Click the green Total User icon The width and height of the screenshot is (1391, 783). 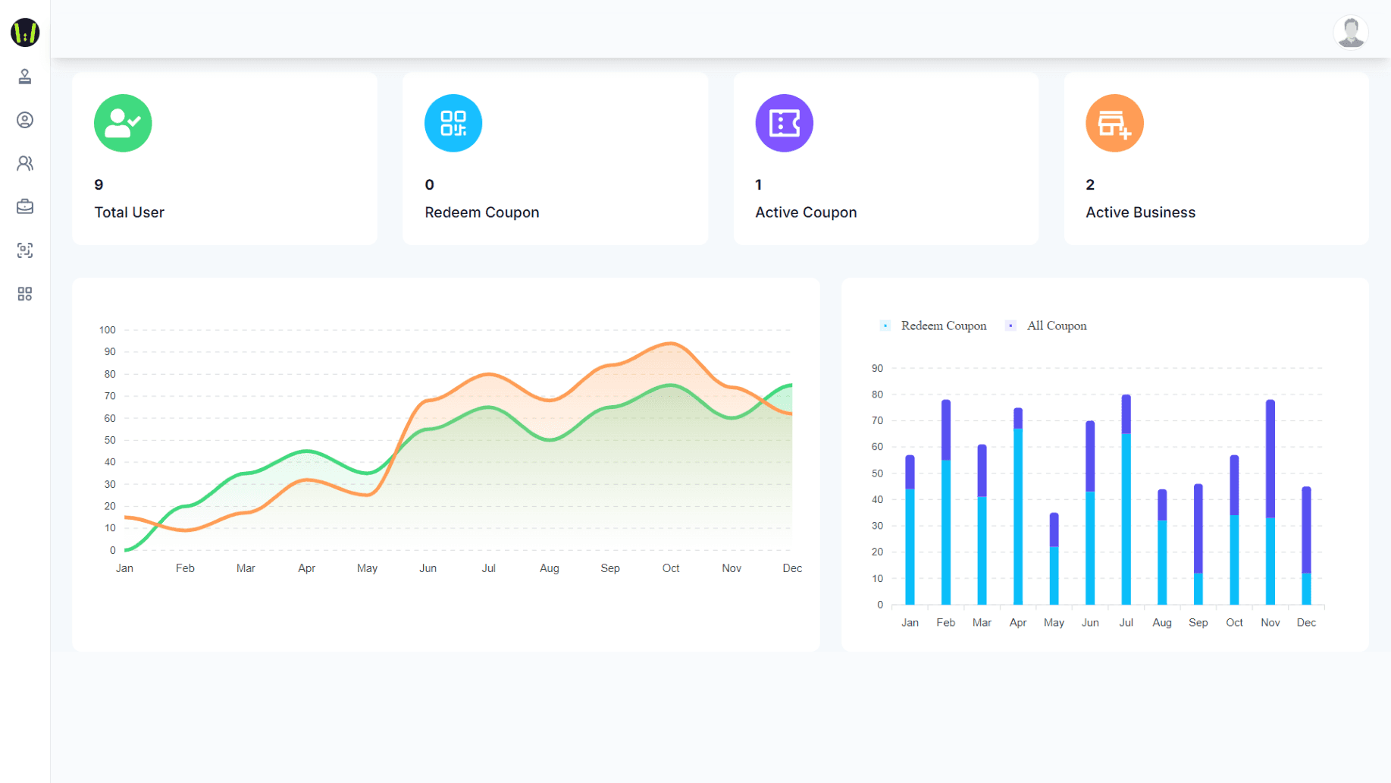pos(123,123)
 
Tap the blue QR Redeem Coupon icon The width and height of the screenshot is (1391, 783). pos(453,123)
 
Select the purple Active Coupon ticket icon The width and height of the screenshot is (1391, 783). pos(784,123)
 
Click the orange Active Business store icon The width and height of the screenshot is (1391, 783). pos(1114,123)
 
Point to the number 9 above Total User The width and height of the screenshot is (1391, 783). pos(99,185)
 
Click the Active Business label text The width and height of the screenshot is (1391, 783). pos(1140,212)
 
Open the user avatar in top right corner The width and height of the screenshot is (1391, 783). pos(1350,33)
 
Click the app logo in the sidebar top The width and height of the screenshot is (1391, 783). pos(25,33)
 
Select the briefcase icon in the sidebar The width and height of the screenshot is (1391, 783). pos(25,206)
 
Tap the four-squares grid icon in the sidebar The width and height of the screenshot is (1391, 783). pos(25,294)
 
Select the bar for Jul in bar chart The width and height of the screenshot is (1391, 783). pos(1126,501)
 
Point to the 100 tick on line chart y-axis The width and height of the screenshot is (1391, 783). pos(107,330)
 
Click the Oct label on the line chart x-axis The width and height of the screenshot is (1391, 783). pos(671,568)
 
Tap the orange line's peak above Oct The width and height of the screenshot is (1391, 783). pos(670,344)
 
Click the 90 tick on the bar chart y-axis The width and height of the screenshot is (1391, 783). pos(877,369)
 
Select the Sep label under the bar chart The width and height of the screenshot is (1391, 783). pos(1198,623)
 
